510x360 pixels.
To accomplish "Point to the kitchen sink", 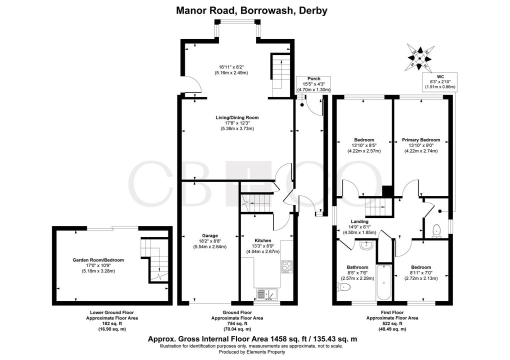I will (266, 294).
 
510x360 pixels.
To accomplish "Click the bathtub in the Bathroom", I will (384, 283).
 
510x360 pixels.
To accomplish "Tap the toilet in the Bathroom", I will (344, 287).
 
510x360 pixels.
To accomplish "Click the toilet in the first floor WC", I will (437, 230).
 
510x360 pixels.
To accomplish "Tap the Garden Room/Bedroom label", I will (97, 260).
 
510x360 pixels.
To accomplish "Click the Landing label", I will (359, 221).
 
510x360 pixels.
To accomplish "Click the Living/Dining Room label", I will (237, 117).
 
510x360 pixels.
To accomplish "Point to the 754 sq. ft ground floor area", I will (237, 323).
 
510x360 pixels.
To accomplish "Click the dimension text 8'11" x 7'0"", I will (420, 273).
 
